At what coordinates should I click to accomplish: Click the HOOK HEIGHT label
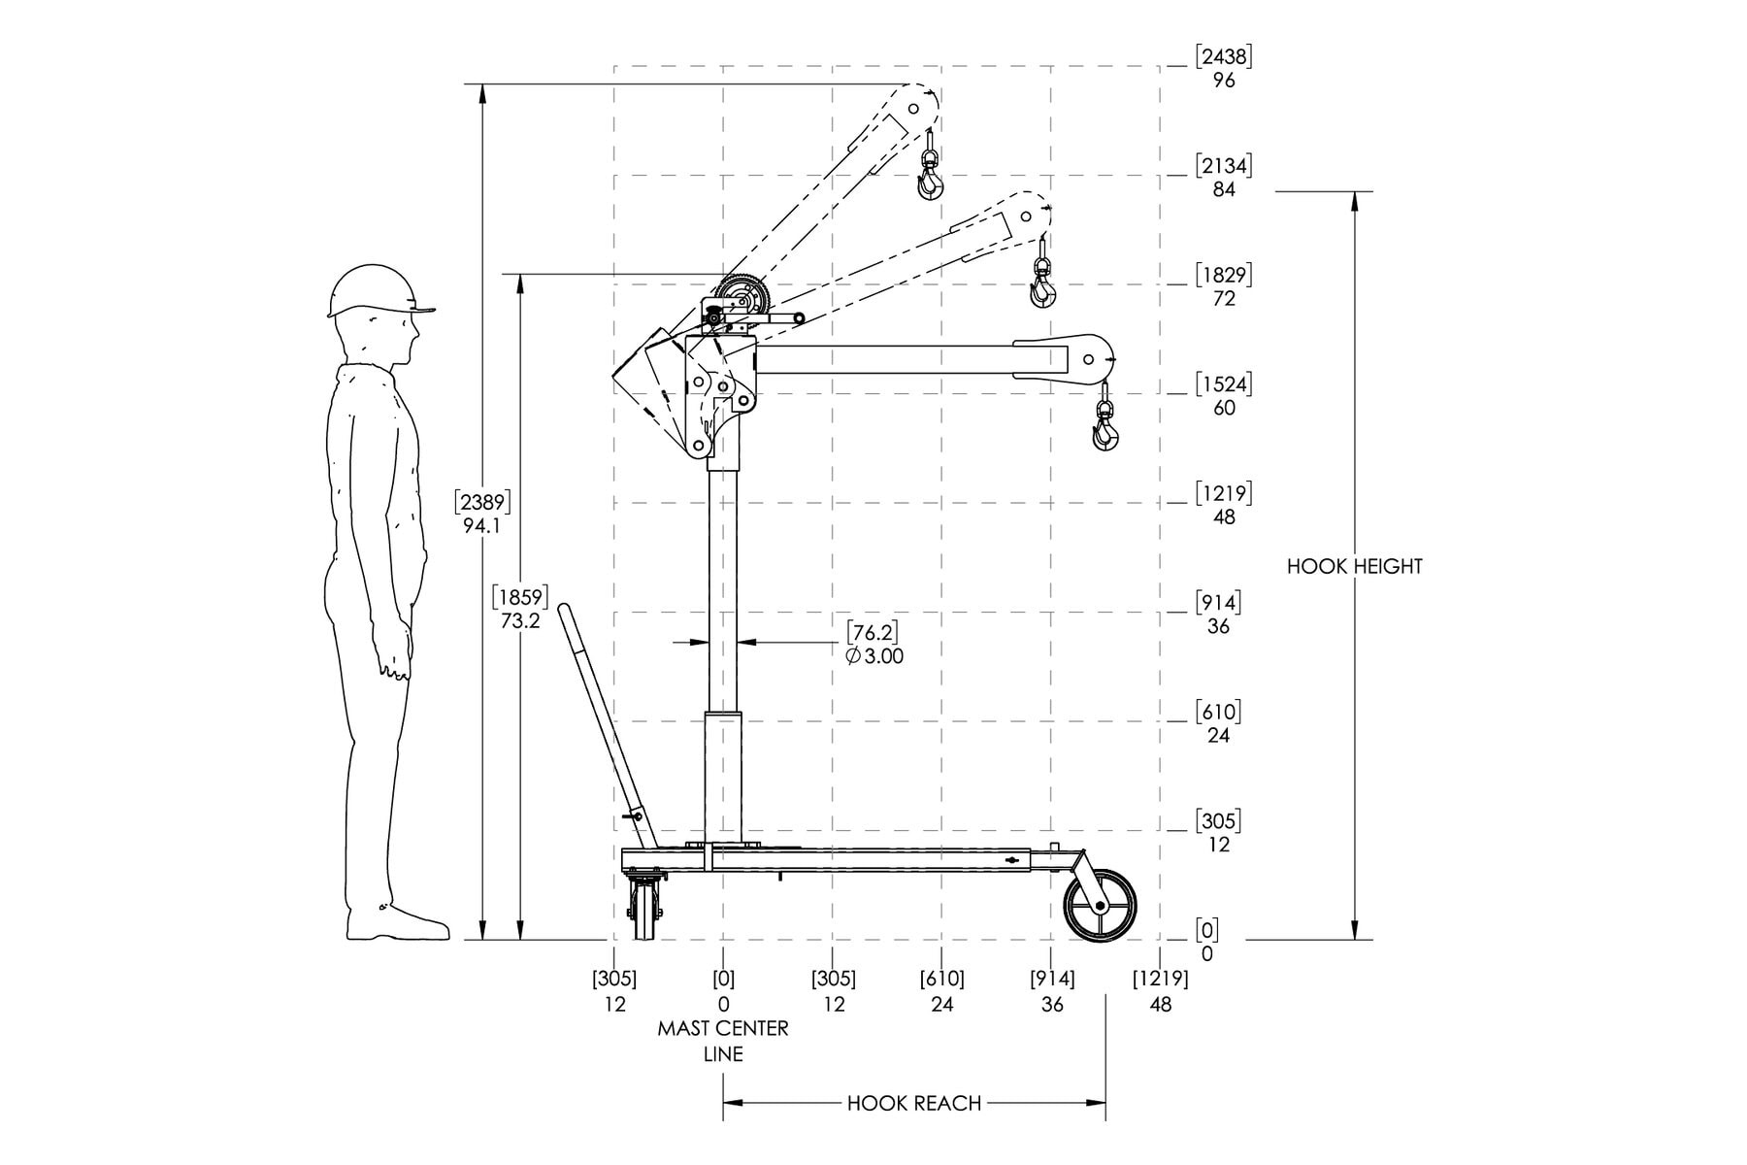[1354, 566]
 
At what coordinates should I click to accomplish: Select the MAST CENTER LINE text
[723, 1041]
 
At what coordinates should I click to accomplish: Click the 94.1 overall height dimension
[482, 526]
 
